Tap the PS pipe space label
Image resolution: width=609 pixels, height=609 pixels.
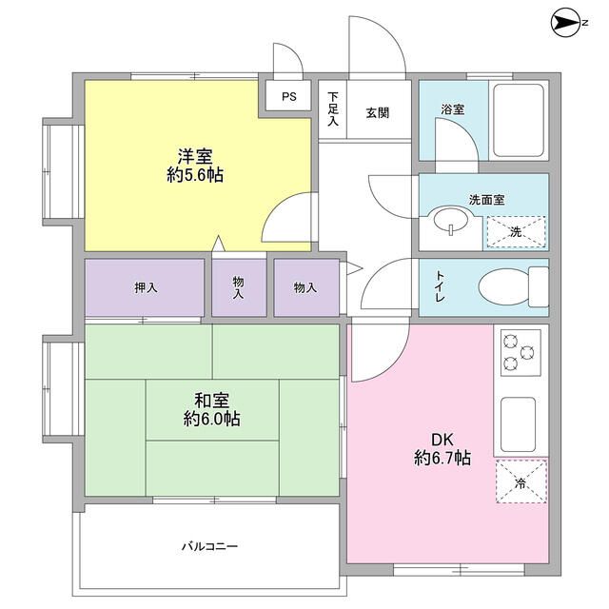pos(288,95)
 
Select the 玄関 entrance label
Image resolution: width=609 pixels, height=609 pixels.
pos(378,110)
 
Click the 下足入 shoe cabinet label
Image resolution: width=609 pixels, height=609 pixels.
pos(333,109)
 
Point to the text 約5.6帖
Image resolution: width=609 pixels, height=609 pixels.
pos(195,175)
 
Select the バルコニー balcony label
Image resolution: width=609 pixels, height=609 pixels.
pos(210,547)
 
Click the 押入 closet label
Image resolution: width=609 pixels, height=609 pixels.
pos(146,286)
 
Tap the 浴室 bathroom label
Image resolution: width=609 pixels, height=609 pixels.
pos(453,109)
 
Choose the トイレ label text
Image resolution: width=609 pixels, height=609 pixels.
pos(441,286)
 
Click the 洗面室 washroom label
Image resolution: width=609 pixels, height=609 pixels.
pos(485,200)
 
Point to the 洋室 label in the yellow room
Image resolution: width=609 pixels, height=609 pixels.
pos(195,155)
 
